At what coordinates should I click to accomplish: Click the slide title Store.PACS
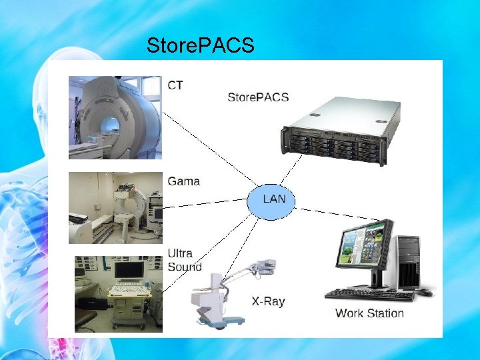(x=200, y=46)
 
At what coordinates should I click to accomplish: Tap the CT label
(x=175, y=85)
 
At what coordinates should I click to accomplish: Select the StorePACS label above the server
(x=258, y=97)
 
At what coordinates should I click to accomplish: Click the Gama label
(x=183, y=181)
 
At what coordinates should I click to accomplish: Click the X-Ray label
(x=268, y=301)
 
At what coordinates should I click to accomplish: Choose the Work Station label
(x=369, y=313)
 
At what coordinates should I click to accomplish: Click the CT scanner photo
(x=115, y=117)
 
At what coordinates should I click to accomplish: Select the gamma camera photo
(x=115, y=208)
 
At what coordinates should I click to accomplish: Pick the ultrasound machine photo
(x=117, y=294)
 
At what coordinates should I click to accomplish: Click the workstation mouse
(x=425, y=292)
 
